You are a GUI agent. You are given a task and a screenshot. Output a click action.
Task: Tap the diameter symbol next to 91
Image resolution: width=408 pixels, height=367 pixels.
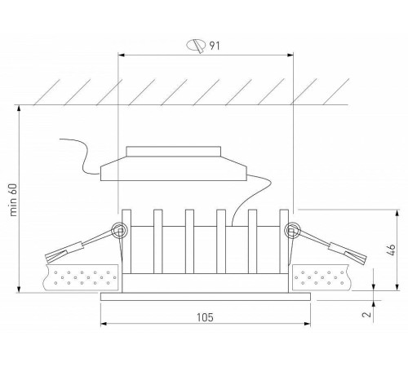[x=195, y=46]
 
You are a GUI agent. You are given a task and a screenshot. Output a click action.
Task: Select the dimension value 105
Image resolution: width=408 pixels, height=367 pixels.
[x=206, y=316]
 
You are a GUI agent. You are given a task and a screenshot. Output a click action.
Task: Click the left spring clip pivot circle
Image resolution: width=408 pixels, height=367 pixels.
[x=120, y=232]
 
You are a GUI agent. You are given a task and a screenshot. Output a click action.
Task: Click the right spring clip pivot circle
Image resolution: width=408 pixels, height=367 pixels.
[x=289, y=232]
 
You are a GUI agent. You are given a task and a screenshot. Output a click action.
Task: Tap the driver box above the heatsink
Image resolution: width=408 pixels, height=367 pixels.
[x=172, y=171]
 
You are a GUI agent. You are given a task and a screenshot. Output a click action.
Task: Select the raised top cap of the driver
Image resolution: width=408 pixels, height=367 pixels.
[x=173, y=152]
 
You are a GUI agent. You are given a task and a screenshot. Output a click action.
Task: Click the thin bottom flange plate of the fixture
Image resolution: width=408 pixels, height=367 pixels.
[x=206, y=297]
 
